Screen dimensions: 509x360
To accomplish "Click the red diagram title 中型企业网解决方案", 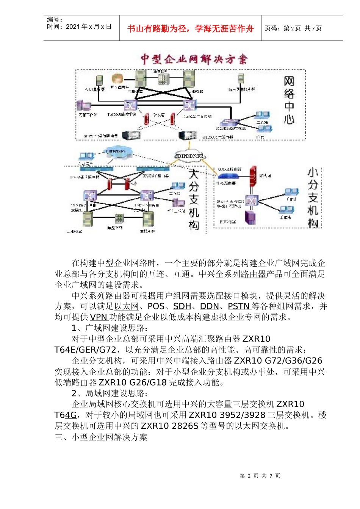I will (x=194, y=59).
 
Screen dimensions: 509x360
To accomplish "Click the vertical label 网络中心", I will (x=289, y=101).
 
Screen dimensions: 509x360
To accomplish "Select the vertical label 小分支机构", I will (x=313, y=197).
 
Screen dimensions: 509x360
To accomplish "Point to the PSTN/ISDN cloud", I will (x=116, y=151).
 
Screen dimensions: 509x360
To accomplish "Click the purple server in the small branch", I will (x=250, y=217).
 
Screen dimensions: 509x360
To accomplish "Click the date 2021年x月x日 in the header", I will (x=89, y=27).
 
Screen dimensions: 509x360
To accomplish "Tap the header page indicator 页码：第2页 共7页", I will (x=293, y=28).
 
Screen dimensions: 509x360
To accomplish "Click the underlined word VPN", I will (x=99, y=317).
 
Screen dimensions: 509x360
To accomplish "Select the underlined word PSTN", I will (x=239, y=306).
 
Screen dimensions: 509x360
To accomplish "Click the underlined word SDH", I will (x=182, y=306).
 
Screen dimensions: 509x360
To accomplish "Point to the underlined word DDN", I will (x=209, y=306).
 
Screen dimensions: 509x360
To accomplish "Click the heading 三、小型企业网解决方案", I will (x=101, y=437).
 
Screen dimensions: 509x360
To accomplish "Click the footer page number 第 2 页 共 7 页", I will (x=260, y=476).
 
